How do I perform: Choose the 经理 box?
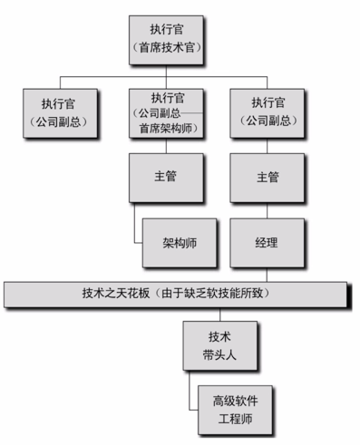266,244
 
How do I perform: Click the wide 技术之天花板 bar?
176,294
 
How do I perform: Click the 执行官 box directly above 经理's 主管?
266,111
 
